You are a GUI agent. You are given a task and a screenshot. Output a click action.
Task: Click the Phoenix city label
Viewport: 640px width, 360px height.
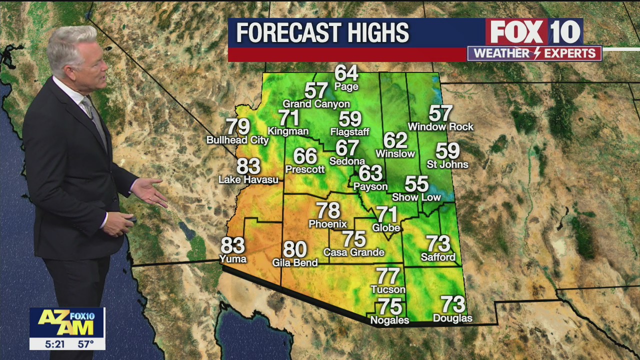coord(327,223)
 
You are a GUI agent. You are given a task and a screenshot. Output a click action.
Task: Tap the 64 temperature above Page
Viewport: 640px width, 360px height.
coord(346,73)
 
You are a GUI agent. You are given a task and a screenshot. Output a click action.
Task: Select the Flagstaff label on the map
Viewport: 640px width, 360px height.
coord(349,132)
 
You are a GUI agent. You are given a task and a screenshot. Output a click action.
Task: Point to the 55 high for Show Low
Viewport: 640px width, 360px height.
coord(416,184)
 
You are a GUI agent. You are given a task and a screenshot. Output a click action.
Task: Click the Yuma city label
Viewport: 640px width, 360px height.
coord(233,258)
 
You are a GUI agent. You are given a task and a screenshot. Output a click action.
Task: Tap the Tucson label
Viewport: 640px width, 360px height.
coord(388,289)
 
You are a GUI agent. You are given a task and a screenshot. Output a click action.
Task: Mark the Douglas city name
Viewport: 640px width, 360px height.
coord(452,318)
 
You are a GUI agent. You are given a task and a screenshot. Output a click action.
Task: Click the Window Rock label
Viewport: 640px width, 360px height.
coord(440,127)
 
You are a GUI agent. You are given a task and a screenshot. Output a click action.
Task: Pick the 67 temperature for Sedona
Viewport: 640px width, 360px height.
coord(347,148)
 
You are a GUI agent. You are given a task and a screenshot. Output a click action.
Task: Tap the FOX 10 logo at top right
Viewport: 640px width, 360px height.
coord(534,32)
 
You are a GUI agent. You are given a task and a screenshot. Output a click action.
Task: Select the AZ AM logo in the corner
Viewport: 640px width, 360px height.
coord(66,322)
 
